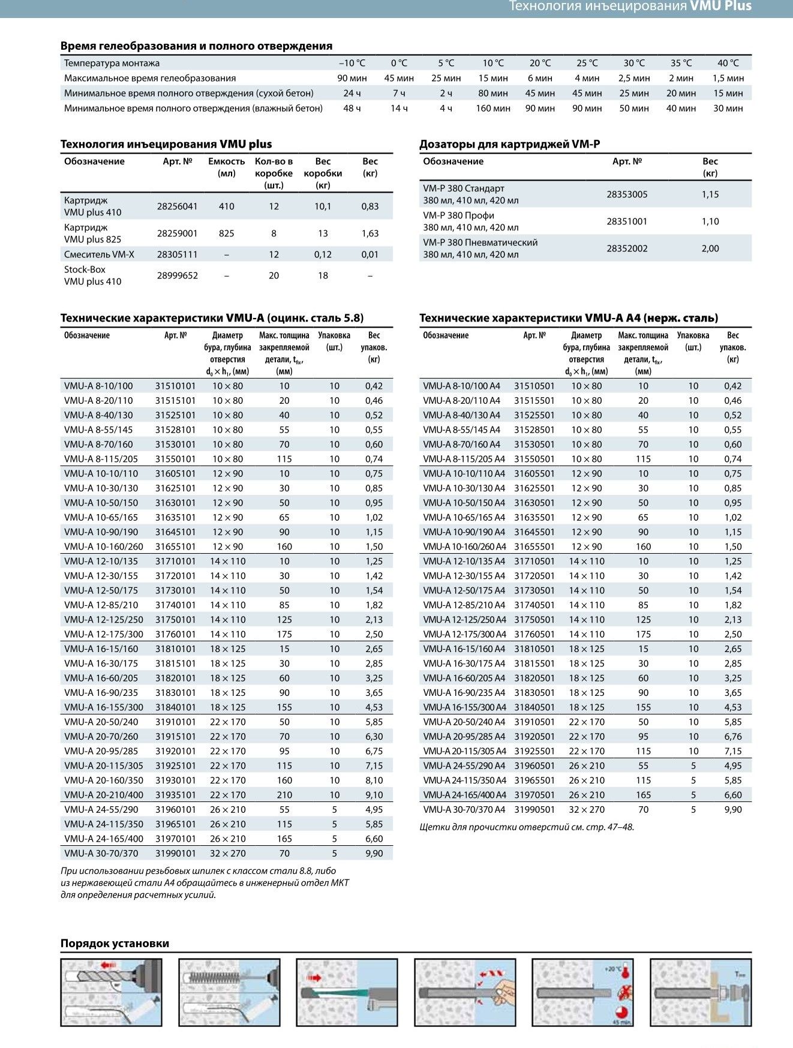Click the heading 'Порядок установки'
[x=115, y=944]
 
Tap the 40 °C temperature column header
[x=728, y=63]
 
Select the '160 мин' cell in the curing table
[x=492, y=109]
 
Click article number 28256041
[x=177, y=206]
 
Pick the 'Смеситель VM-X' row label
[x=99, y=254]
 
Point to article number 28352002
[x=627, y=248]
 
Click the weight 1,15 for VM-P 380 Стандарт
[x=710, y=194]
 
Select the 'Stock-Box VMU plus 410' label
[x=92, y=275]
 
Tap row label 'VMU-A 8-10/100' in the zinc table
[x=98, y=386]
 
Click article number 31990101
[x=175, y=854]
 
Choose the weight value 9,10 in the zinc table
[x=374, y=795]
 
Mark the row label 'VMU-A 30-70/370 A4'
[x=464, y=810]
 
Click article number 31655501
[x=534, y=547]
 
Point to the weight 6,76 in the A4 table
[x=732, y=737]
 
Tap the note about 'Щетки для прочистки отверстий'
[x=527, y=827]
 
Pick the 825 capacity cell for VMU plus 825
[x=226, y=233]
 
